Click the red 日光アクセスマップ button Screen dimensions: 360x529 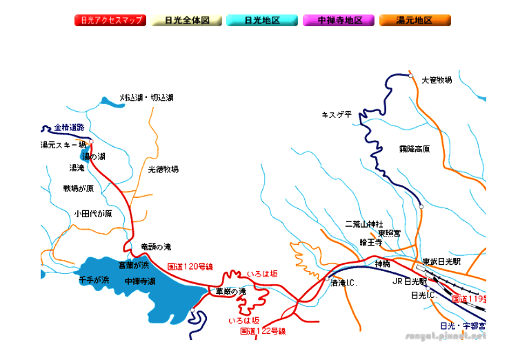pyautogui.click(x=110, y=20)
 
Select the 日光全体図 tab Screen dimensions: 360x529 pyautogui.click(x=187, y=20)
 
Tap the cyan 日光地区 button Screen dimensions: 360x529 pyautogui.click(x=263, y=20)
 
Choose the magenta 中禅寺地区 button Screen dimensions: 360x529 pyautogui.click(x=340, y=20)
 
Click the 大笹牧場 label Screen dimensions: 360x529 pyautogui.click(x=436, y=80)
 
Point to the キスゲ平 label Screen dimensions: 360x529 pyautogui.click(x=337, y=114)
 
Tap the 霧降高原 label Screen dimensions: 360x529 pyautogui.click(x=414, y=148)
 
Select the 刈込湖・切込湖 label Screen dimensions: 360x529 pyautogui.click(x=146, y=97)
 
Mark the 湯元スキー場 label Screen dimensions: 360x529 pyautogui.click(x=63, y=145)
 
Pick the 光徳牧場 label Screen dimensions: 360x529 pyautogui.click(x=163, y=168)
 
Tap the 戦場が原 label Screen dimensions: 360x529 pyautogui.click(x=78, y=188)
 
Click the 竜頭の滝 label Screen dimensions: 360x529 pyautogui.click(x=155, y=246)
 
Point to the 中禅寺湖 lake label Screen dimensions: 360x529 pyautogui.click(x=140, y=281)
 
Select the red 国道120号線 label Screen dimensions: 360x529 pyautogui.click(x=191, y=266)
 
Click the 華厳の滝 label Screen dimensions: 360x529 pyautogui.click(x=230, y=292)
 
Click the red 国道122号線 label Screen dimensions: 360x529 pyautogui.click(x=263, y=331)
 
